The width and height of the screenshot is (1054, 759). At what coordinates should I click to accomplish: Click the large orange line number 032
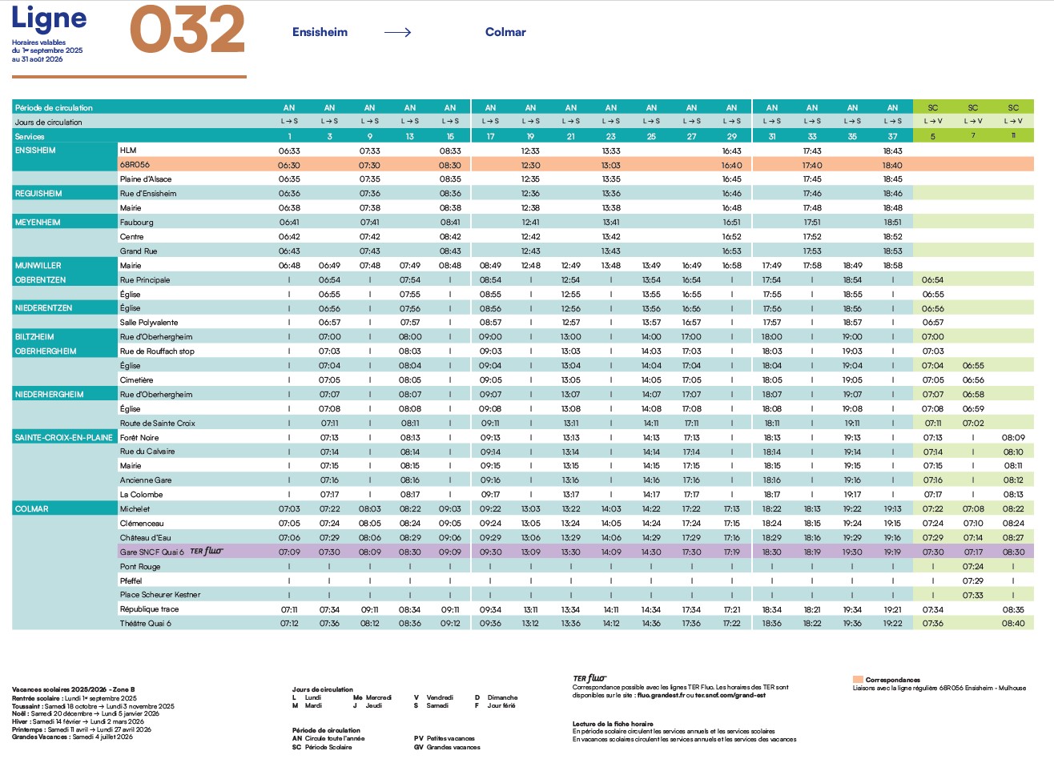187,30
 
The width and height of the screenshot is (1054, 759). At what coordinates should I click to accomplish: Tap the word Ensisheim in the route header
320,32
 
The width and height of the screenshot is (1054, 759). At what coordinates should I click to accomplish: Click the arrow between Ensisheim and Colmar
397,32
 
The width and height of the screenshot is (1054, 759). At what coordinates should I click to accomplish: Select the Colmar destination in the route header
505,32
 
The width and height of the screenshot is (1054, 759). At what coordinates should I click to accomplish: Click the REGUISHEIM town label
38,193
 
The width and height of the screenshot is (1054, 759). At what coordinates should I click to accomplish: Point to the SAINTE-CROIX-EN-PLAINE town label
63,437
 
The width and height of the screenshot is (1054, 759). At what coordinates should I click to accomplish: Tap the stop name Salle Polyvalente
149,322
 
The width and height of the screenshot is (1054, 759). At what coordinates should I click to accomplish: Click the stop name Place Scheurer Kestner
160,594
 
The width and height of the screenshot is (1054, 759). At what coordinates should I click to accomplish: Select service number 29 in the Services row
732,136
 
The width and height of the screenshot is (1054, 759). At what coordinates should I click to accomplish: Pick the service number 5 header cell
932,136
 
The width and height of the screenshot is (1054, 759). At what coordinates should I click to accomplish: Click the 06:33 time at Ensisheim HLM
289,151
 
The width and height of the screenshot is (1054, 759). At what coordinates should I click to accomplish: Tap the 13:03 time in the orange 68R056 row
611,165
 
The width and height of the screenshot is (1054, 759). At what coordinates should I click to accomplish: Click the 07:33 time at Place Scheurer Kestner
972,595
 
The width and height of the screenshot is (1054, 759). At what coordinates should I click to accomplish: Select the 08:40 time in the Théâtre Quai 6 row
1013,623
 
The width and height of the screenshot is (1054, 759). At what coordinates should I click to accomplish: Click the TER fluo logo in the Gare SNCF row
207,551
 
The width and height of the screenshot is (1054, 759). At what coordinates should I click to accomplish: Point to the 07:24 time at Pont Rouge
972,566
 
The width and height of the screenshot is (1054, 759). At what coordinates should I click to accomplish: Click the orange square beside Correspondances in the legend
858,679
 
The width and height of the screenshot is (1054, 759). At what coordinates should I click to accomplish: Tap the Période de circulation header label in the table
54,108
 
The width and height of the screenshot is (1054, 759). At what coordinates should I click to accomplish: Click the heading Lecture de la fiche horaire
613,724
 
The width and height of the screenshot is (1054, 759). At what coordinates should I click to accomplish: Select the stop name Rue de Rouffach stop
157,351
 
